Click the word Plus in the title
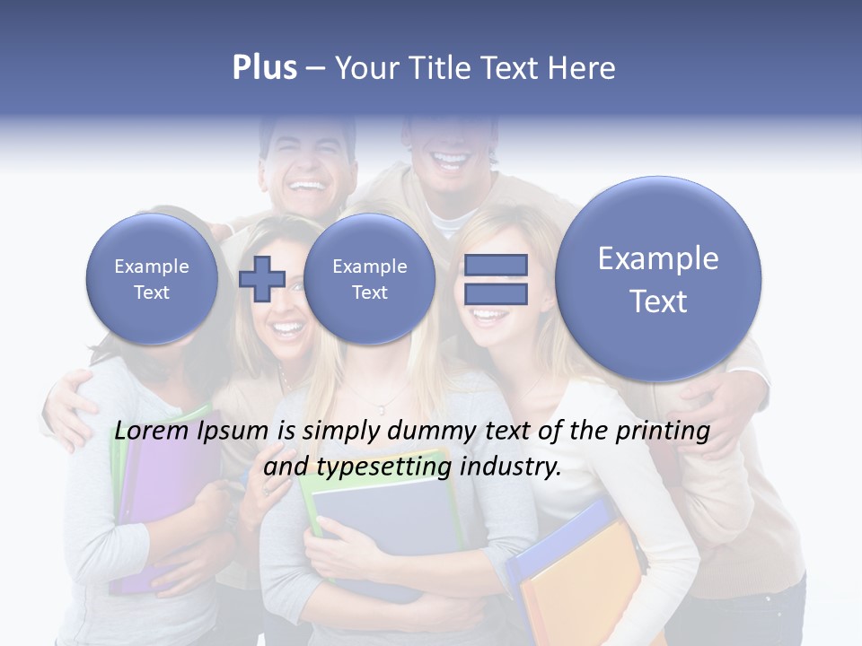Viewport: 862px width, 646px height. coord(264,68)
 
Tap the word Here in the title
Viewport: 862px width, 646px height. coord(585,68)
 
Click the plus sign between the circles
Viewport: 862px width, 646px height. coord(261,279)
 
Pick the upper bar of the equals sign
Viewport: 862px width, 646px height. coord(496,265)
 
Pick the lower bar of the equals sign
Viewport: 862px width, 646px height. coord(496,293)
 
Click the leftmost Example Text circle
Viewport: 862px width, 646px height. coord(152,279)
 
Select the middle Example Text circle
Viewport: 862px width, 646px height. coord(370,279)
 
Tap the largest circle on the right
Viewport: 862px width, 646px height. coord(658,279)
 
